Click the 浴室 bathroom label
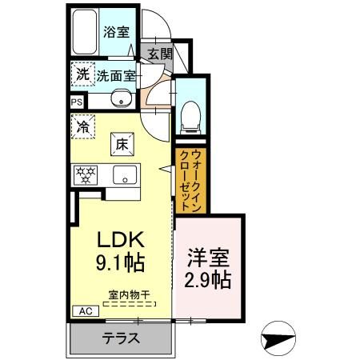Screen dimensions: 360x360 point(116,32)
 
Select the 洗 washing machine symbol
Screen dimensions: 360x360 point(82,74)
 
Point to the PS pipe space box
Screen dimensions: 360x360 point(77,102)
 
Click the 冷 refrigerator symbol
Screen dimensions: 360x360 point(82,126)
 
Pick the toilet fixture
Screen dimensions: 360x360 point(190,114)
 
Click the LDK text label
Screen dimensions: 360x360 point(119,240)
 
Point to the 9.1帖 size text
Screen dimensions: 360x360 point(119,262)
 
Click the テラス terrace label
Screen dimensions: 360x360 point(120,338)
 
